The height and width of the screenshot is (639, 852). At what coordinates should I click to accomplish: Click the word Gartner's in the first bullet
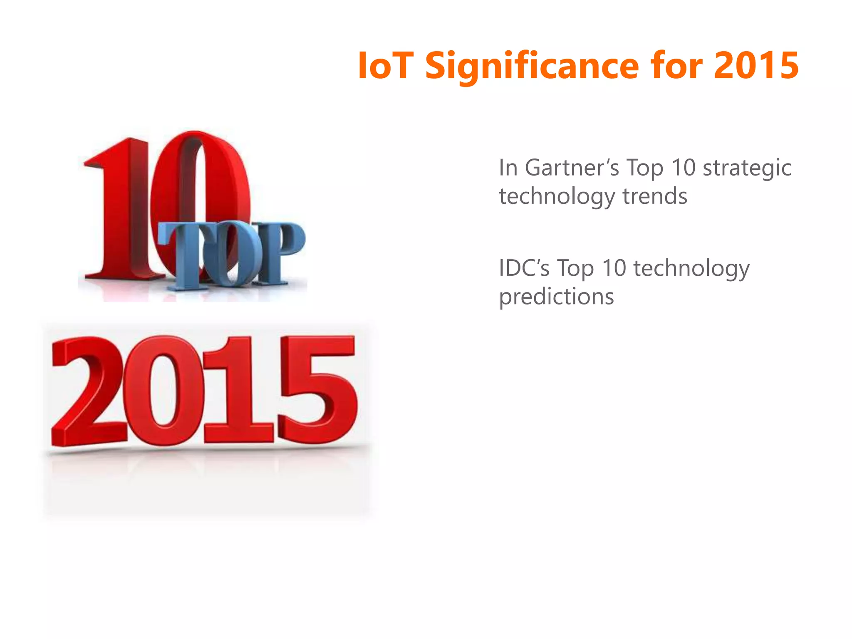572,168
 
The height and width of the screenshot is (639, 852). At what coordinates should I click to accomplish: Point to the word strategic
747,169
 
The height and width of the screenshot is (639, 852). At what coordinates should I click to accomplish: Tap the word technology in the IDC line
691,269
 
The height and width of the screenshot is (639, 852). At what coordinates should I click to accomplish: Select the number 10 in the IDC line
614,268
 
